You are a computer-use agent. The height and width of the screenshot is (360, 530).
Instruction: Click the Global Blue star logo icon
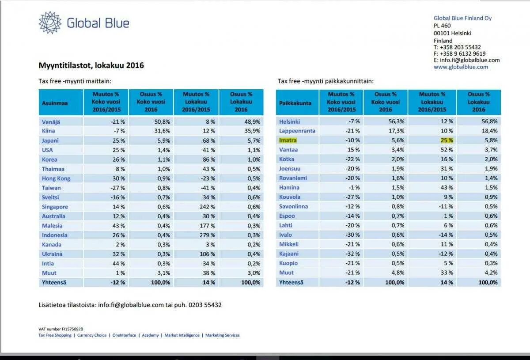coord(50,23)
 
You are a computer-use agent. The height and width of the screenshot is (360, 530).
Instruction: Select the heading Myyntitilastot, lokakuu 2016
coord(91,65)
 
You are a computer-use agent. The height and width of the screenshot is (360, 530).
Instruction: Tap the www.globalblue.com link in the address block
coord(461,67)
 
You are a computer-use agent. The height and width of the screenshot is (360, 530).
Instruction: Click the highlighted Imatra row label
coord(288,140)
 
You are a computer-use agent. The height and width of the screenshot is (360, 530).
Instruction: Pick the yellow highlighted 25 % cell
coord(447,140)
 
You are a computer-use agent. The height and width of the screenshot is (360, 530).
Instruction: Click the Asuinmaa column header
coord(55,103)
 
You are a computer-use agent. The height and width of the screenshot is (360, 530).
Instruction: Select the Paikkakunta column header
coord(295,103)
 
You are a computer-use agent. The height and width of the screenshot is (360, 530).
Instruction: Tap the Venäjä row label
coord(51,122)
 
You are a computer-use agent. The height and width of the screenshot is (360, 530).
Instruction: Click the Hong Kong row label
coord(56,178)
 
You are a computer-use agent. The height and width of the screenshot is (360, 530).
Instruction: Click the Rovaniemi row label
coord(293,178)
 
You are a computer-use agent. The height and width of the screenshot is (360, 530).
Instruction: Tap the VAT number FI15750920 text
coord(61,329)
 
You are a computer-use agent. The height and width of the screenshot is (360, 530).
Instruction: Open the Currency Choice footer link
coord(92,335)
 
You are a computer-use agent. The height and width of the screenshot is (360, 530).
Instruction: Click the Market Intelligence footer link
coord(182,335)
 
